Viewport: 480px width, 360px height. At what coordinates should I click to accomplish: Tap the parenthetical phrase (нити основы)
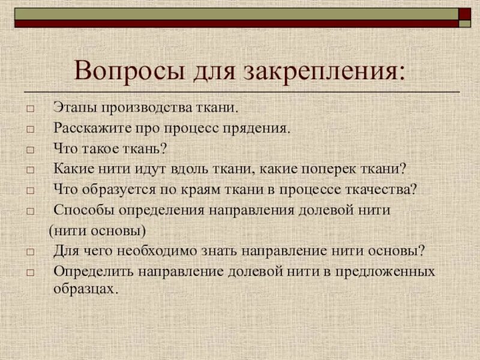(x=97, y=230)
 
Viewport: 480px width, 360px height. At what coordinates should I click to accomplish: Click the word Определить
(x=93, y=271)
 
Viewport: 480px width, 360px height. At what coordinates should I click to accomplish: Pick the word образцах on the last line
(x=83, y=288)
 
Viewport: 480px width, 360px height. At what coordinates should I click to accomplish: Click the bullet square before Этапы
(x=30, y=109)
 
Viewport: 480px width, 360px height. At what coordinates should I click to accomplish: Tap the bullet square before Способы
(x=30, y=211)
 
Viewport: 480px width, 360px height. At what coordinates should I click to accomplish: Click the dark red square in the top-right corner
(x=464, y=14)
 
